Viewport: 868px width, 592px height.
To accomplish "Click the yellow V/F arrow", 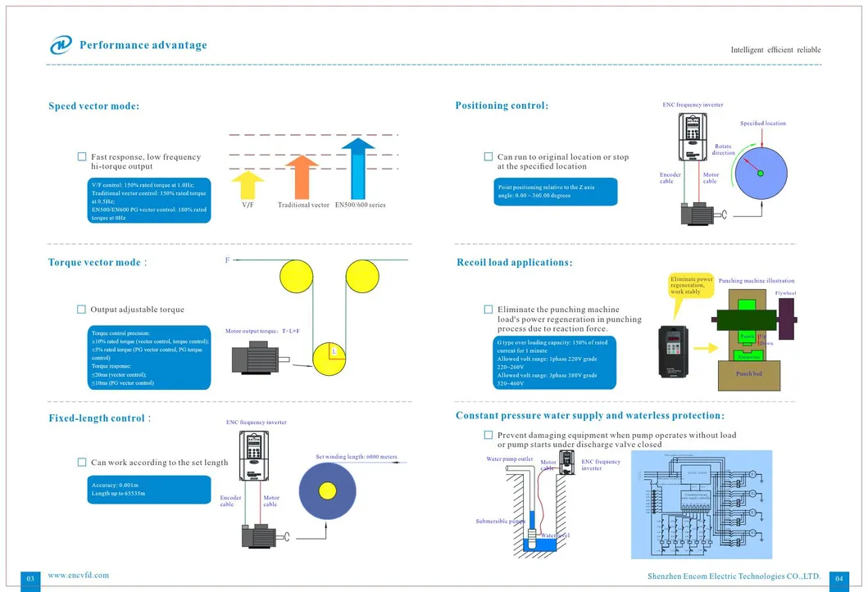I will [248, 186].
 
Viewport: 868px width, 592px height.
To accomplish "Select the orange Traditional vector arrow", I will [302, 176].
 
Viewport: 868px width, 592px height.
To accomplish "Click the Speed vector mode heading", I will [93, 106].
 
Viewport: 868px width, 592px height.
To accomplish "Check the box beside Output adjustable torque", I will [81, 310].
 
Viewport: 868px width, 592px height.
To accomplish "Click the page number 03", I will [30, 579].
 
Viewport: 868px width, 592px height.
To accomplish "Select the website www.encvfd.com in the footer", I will [78, 575].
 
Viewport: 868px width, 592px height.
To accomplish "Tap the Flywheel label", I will [785, 292].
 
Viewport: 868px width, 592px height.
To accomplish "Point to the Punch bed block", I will [748, 374].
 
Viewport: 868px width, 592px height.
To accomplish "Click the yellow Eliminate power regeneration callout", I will [691, 287].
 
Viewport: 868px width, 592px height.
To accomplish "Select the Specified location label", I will [762, 124].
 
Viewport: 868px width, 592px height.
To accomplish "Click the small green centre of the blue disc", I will [761, 172].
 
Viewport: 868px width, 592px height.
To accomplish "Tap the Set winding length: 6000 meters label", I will [356, 456].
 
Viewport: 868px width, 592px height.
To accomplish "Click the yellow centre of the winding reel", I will [327, 491].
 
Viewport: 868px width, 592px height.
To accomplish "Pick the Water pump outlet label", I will [509, 459].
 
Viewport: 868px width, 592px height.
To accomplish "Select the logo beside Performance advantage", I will [61, 46].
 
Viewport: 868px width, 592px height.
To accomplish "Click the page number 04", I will [838, 579].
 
